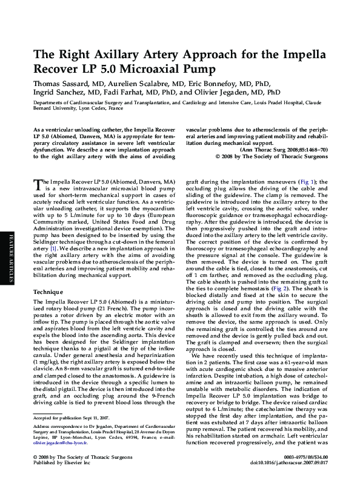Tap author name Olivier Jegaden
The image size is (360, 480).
click(228, 92)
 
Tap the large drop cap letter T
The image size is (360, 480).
click(36, 184)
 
